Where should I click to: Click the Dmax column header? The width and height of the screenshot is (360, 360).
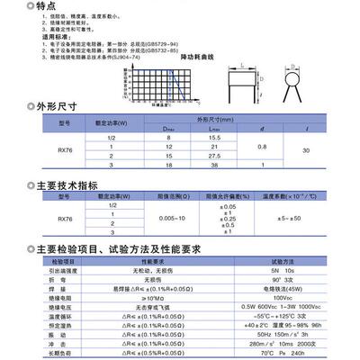[168, 127]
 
